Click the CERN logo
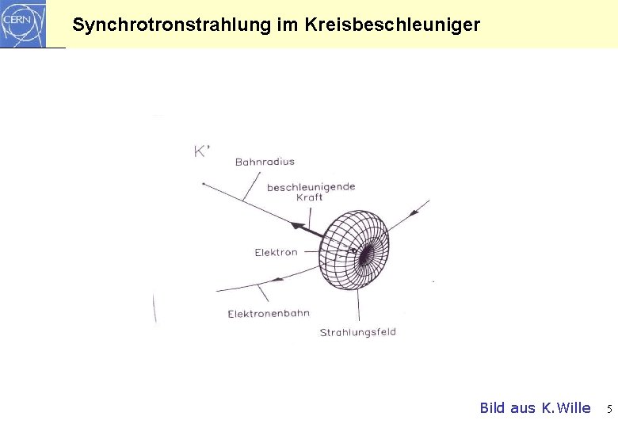point(22,23)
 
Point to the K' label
point(202,151)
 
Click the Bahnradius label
point(265,162)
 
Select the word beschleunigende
point(311,187)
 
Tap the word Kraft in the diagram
point(309,198)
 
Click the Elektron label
point(276,253)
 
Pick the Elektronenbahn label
point(269,314)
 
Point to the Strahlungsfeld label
point(357,333)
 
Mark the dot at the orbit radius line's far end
point(204,184)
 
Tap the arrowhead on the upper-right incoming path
point(414,212)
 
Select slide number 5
point(609,410)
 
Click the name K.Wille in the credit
point(566,408)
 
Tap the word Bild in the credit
point(493,408)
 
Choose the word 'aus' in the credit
point(523,408)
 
